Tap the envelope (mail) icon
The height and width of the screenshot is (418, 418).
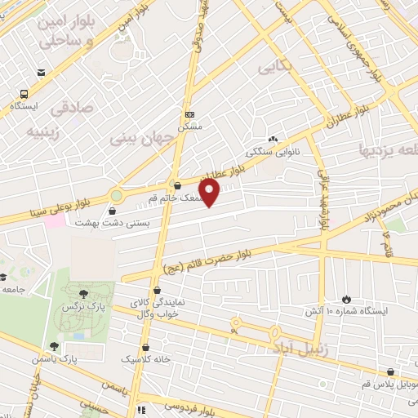pos(41,73)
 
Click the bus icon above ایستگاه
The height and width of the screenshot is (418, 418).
pos(25,93)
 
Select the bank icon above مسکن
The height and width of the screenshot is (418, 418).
pos(190,115)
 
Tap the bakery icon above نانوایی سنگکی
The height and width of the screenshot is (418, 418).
pos(272,140)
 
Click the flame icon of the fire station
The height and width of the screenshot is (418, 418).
pos(348,300)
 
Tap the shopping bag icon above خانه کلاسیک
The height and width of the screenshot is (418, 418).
pos(148,348)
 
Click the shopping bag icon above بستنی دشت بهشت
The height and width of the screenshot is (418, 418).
pos(112,211)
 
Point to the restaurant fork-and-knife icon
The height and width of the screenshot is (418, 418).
pos(140,410)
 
